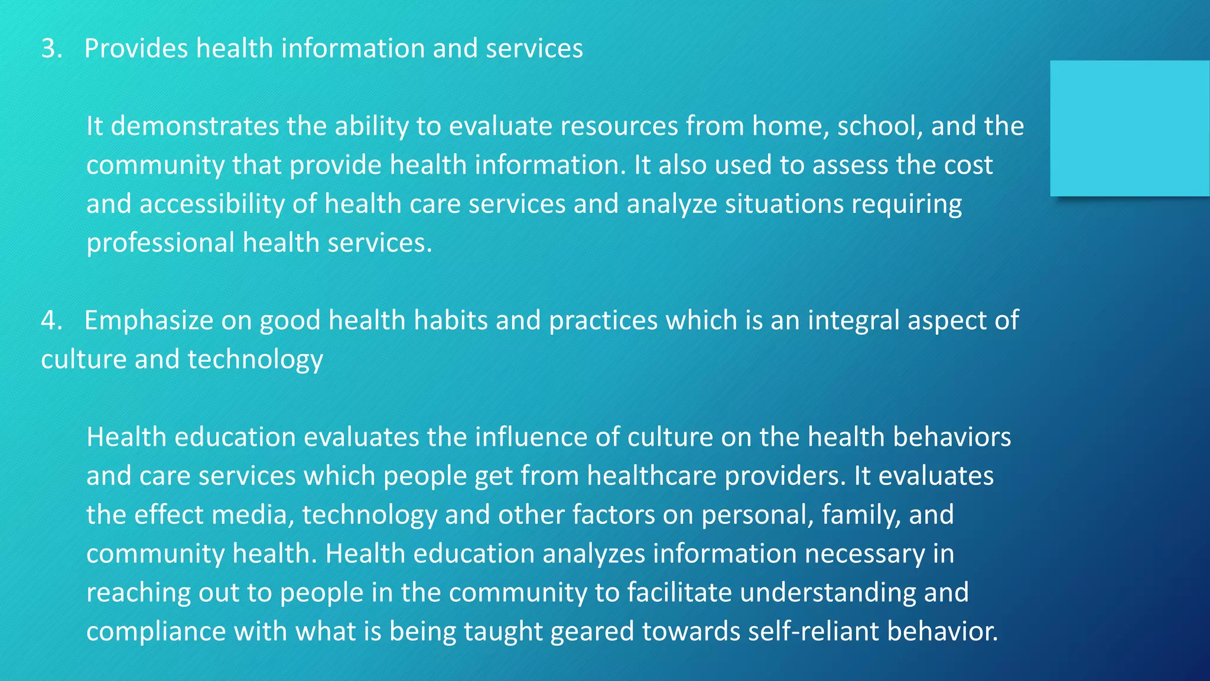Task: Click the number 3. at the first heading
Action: click(x=51, y=48)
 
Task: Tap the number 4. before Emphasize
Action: click(x=51, y=320)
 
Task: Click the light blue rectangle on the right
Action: click(x=1129, y=128)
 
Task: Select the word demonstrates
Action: click(x=195, y=127)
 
